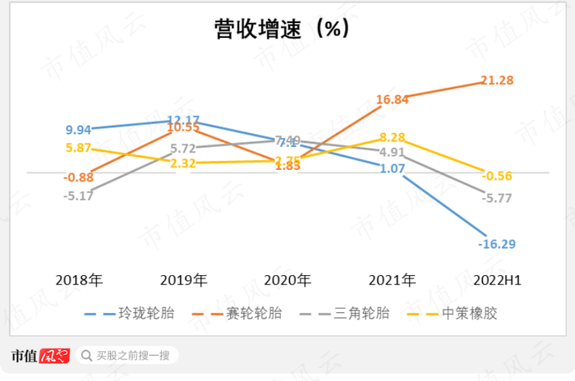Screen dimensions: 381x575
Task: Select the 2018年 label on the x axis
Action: click(79, 280)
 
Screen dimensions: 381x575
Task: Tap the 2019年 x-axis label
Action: click(184, 280)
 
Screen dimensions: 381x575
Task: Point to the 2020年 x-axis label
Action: click(287, 280)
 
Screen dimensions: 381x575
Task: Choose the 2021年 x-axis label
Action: click(392, 280)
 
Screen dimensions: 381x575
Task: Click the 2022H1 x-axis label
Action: click(498, 280)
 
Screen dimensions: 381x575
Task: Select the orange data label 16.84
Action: click(393, 99)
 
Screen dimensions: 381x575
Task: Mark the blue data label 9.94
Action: click(79, 130)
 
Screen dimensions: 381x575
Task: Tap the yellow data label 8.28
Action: click(393, 137)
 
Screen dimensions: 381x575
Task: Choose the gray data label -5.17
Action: click(79, 195)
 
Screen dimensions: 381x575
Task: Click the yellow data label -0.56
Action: click(498, 175)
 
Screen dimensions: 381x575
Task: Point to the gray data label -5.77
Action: click(498, 197)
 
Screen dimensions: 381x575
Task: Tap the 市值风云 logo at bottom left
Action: click(39, 356)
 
